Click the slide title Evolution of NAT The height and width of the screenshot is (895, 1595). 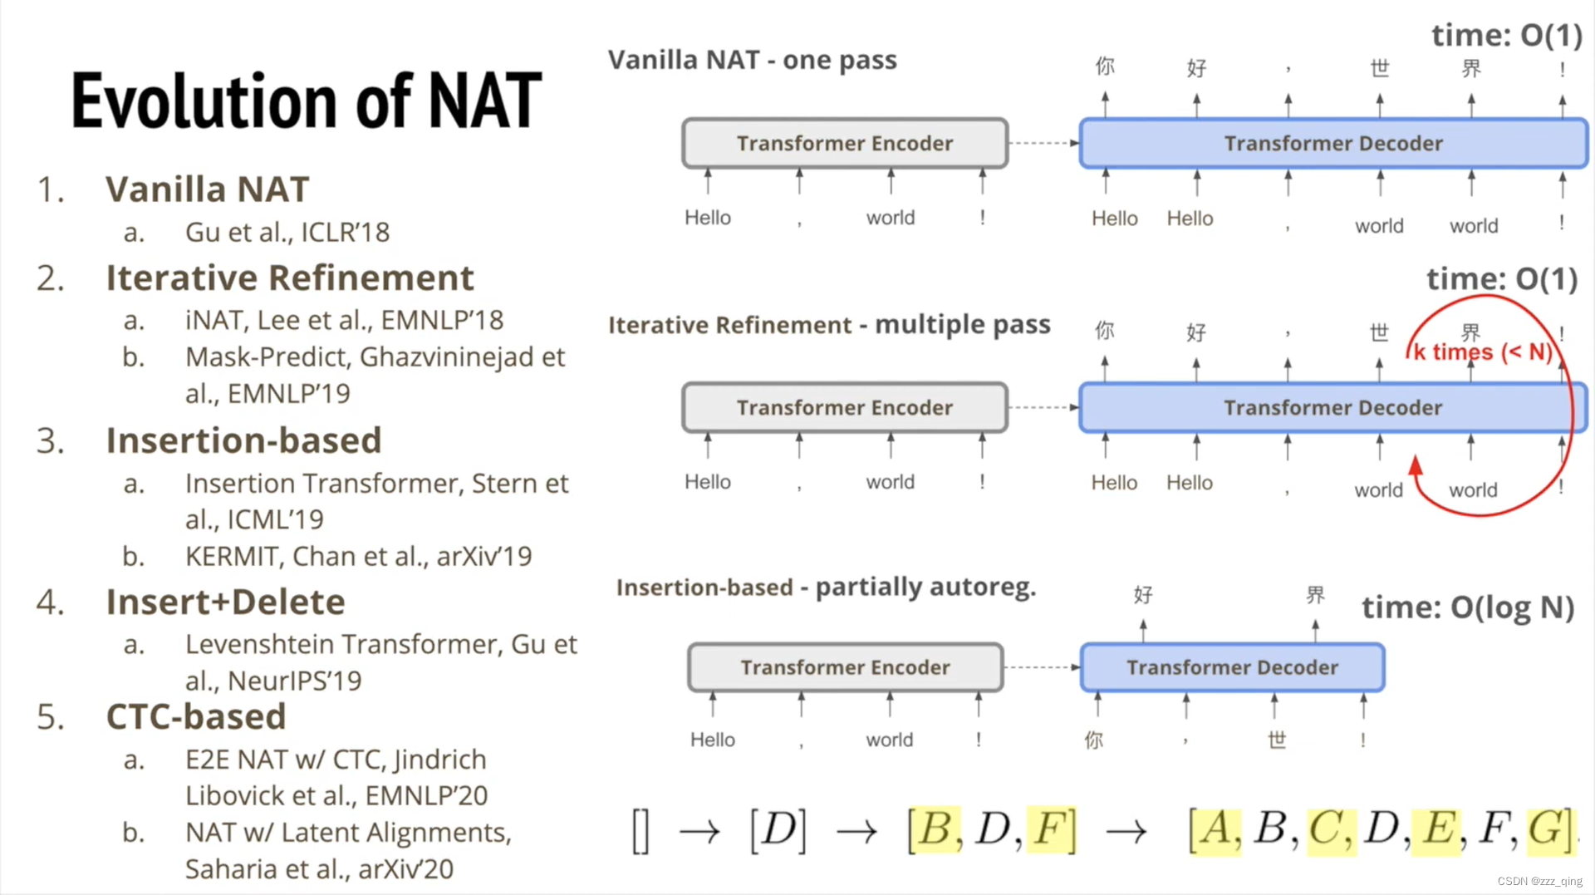(x=306, y=101)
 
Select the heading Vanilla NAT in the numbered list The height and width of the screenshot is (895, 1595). (x=207, y=189)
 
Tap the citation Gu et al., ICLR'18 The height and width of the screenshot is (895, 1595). (x=287, y=232)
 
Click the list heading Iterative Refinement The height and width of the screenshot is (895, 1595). (x=289, y=278)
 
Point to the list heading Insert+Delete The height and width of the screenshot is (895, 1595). (x=225, y=602)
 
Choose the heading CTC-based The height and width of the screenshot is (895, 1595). (x=196, y=716)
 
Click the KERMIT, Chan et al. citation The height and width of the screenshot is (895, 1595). (x=358, y=556)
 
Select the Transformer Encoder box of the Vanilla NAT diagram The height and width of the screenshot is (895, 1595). (x=845, y=143)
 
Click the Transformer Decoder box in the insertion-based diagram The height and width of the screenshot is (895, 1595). (x=1232, y=667)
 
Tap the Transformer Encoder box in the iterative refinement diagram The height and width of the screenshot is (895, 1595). (x=845, y=407)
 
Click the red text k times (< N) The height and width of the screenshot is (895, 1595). (x=1483, y=352)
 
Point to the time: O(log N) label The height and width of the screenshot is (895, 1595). (x=1468, y=607)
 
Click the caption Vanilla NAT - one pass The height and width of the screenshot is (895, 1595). (x=752, y=60)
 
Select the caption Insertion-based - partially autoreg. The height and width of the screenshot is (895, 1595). (x=826, y=588)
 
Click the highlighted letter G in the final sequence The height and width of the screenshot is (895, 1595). (x=1545, y=829)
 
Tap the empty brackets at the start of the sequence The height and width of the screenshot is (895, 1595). (x=640, y=831)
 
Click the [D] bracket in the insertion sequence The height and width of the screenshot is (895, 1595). (x=778, y=829)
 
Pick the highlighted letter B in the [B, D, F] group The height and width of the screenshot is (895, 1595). (x=935, y=829)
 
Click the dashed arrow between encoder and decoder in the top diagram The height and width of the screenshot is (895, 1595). (x=1043, y=143)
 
